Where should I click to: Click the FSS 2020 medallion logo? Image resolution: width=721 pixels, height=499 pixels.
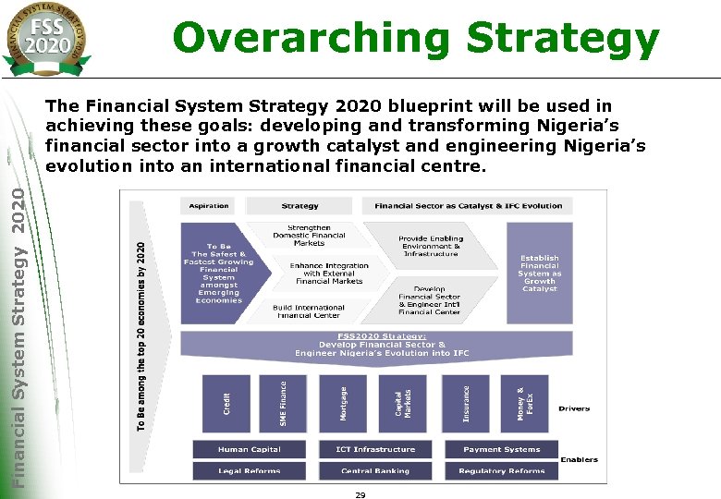pos(47,37)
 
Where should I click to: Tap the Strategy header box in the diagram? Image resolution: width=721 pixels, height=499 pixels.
pos(299,205)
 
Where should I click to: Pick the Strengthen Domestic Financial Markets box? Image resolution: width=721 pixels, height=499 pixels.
pos(309,235)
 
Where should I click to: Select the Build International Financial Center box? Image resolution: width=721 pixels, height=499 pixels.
pos(308,310)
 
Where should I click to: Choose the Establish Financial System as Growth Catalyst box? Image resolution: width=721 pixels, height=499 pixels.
pos(539,274)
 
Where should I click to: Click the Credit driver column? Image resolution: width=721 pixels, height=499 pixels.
pos(227,404)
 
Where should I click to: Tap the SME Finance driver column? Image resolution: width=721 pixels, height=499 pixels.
pos(283,404)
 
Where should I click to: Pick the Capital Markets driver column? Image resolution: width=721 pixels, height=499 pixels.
pos(403,404)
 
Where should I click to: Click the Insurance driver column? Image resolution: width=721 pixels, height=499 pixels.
pos(465,404)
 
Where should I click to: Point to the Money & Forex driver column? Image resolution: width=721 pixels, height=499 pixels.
pos(524,404)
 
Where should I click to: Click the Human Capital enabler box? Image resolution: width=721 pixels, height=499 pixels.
pos(249,449)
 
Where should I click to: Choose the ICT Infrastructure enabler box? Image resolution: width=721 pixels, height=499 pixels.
pos(375,449)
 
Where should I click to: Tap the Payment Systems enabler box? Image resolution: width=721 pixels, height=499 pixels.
pos(501,449)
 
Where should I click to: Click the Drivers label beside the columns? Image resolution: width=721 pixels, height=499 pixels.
pos(574,408)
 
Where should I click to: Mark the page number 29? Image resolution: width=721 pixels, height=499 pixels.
pos(360,494)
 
